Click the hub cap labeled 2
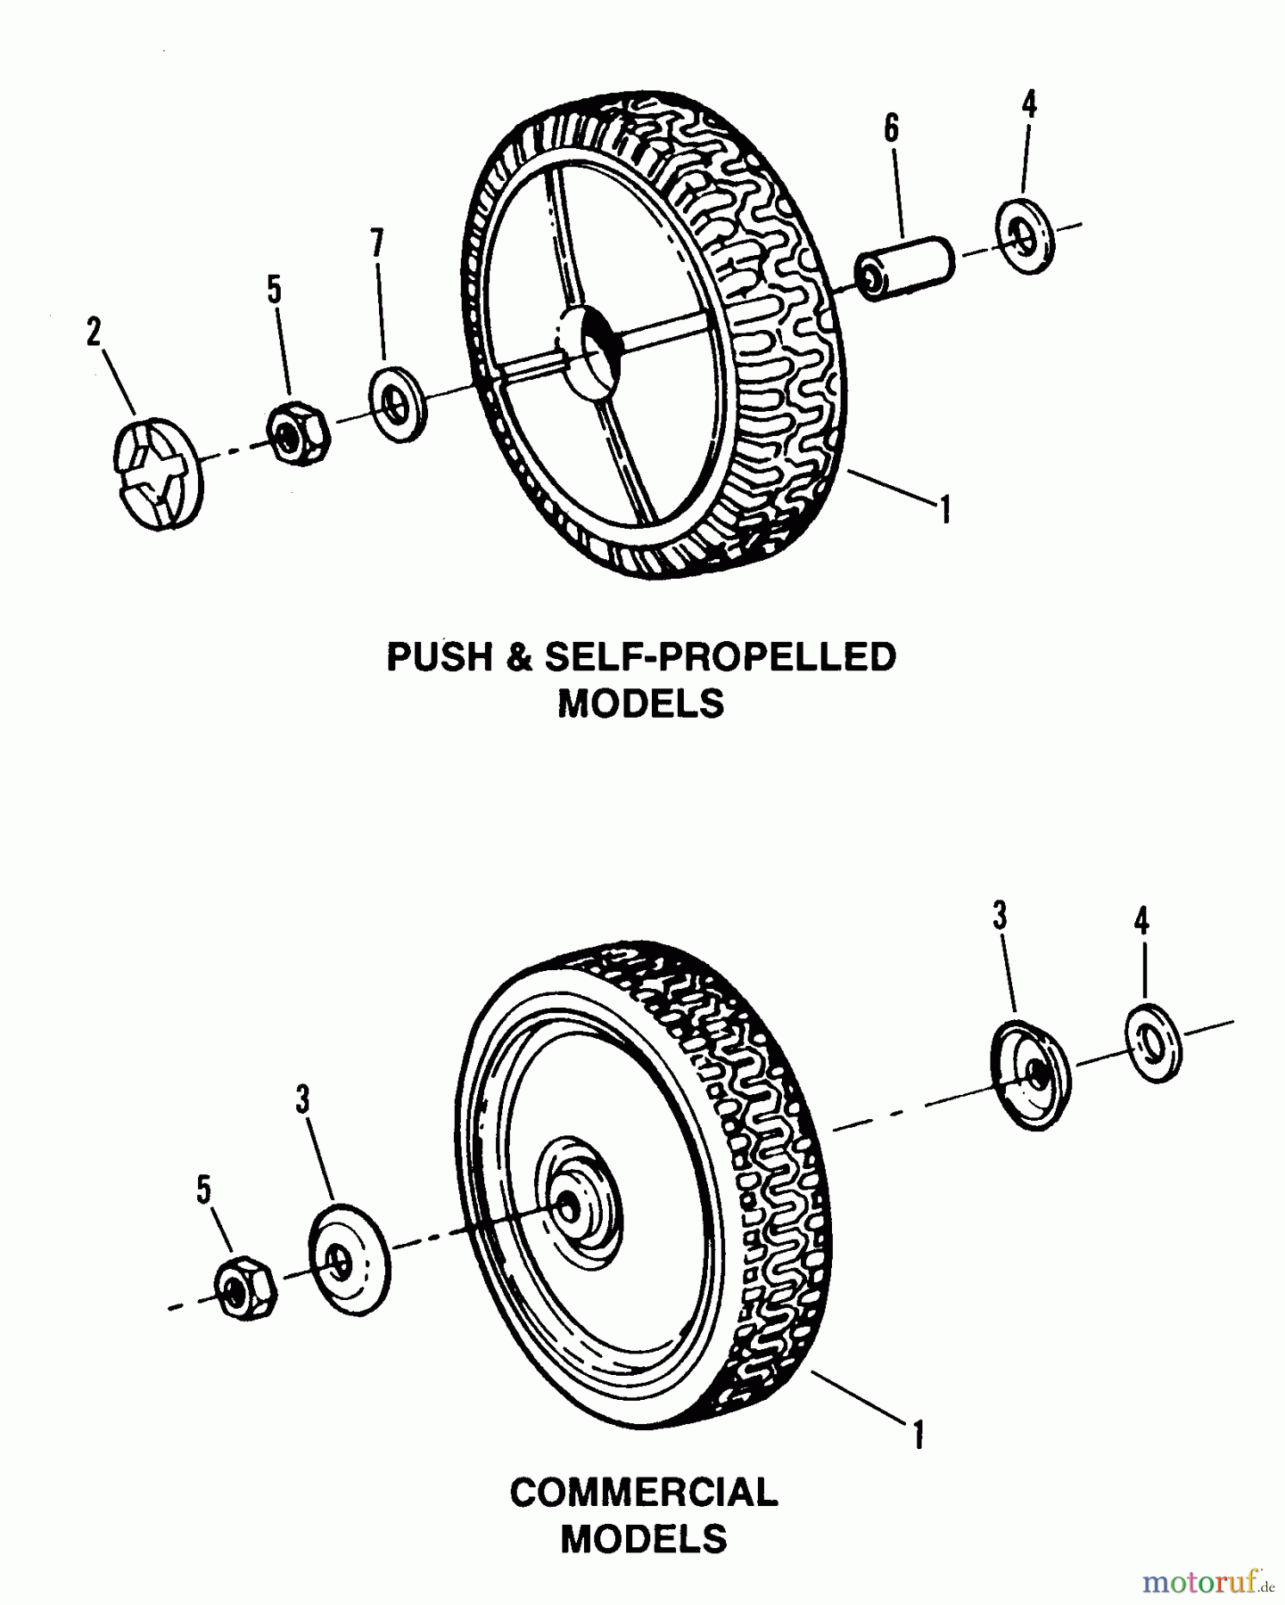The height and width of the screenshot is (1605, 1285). [x=159, y=473]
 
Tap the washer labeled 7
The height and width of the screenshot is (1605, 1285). [x=398, y=407]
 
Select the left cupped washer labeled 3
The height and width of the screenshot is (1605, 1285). [x=349, y=1259]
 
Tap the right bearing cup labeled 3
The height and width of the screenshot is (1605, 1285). [x=1030, y=1074]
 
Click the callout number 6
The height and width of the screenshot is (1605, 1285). [x=891, y=129]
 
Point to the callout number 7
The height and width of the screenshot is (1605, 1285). [x=377, y=243]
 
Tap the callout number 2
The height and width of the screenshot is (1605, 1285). [x=94, y=332]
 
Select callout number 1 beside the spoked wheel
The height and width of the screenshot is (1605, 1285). [x=944, y=510]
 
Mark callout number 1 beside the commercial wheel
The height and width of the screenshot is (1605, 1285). [x=918, y=1436]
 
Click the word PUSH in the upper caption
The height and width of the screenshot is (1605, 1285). [x=439, y=658]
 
